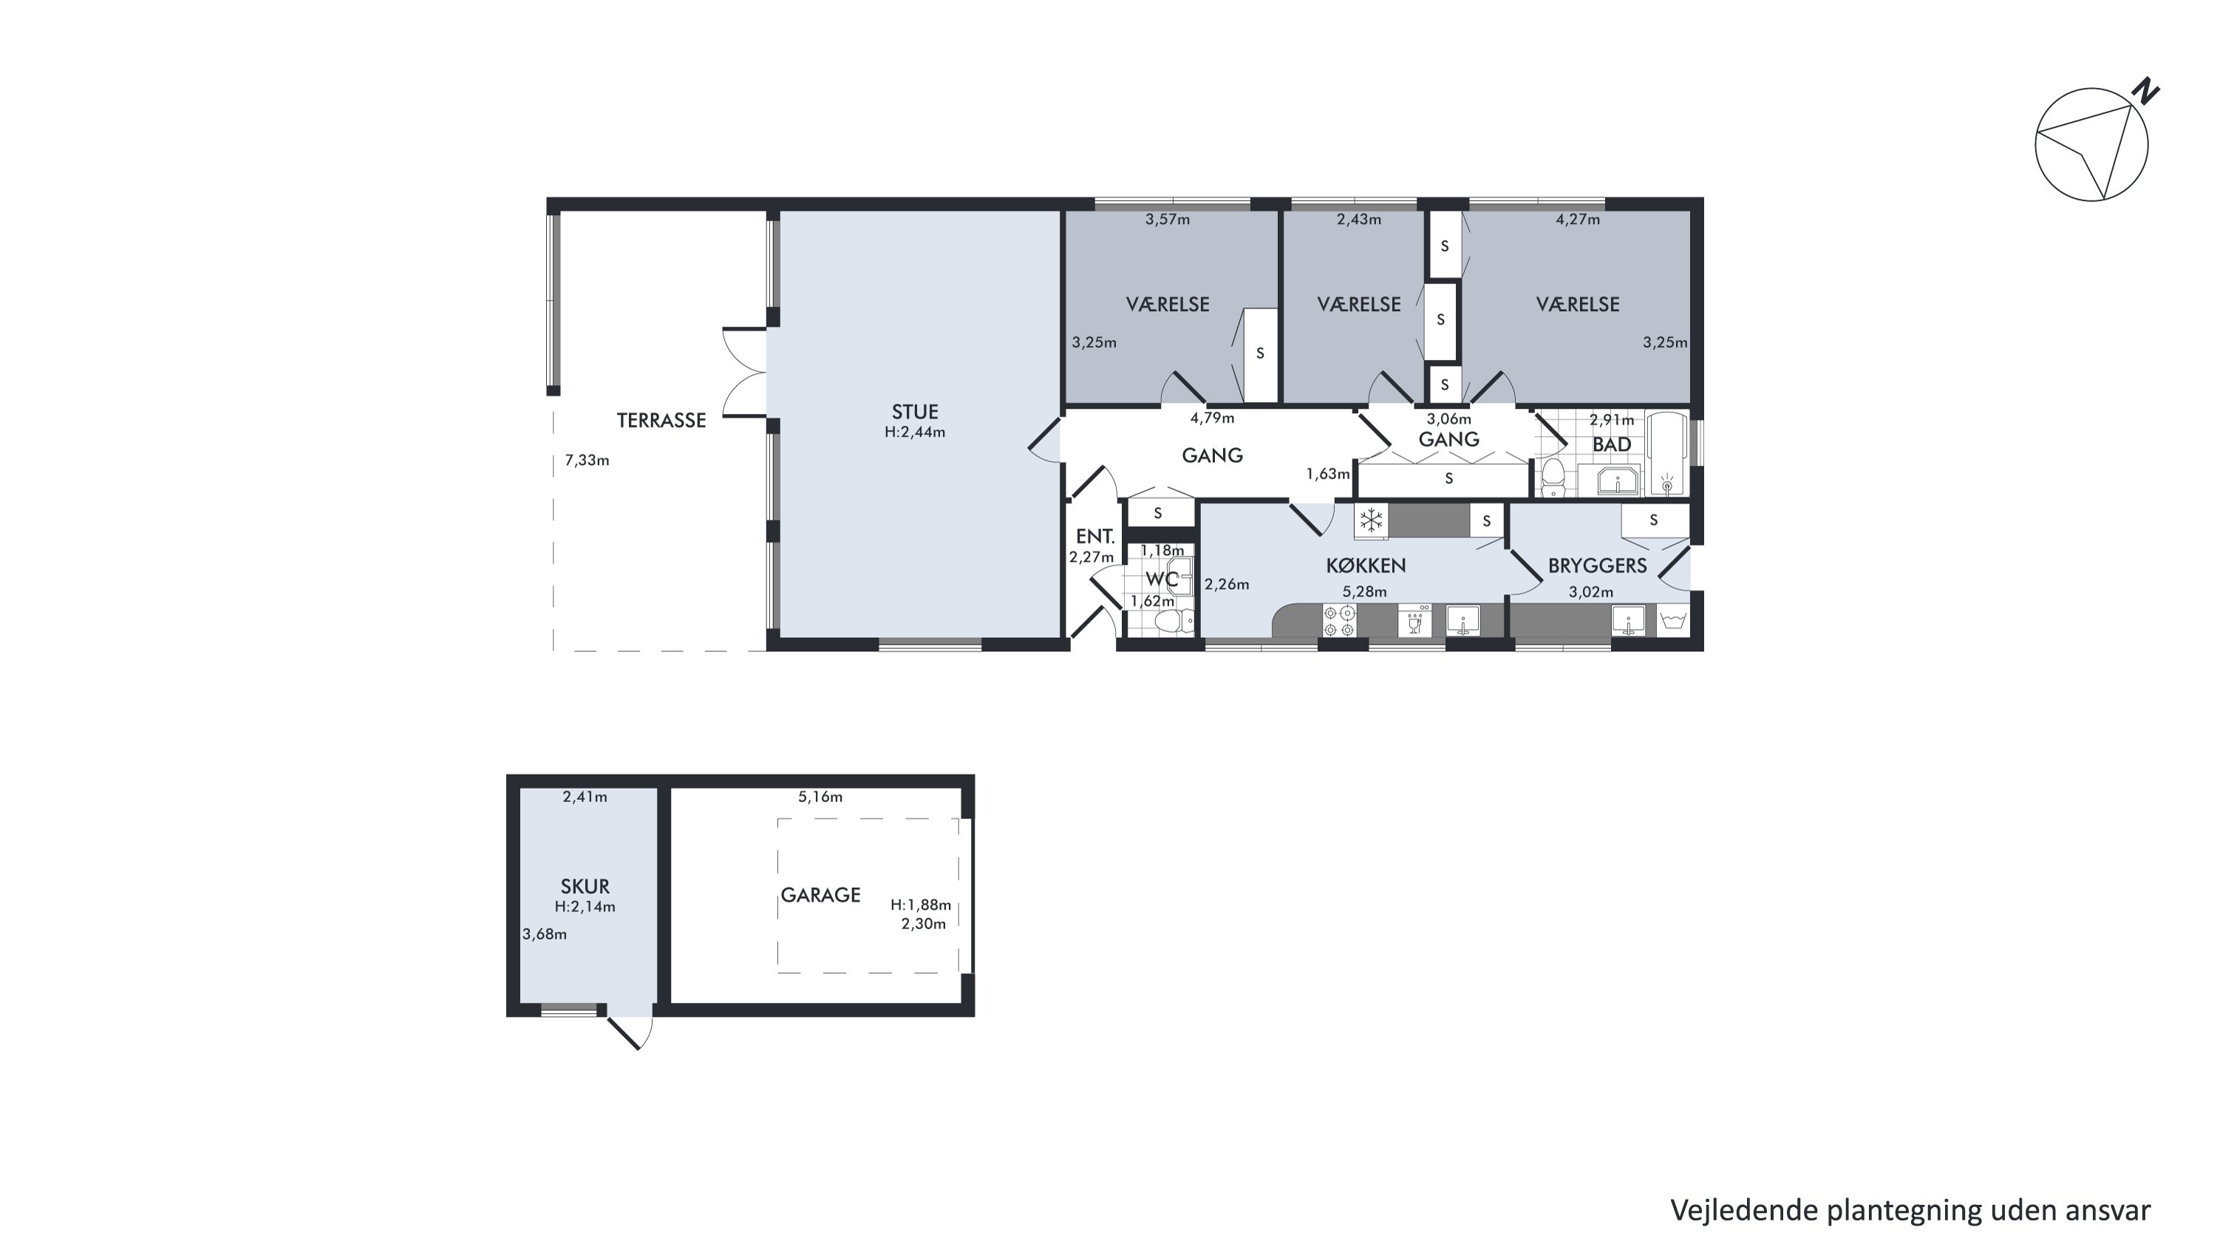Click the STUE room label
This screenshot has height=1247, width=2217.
pyautogui.click(x=914, y=412)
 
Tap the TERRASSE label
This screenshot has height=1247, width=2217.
pyautogui.click(x=661, y=420)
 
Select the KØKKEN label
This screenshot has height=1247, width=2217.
pyautogui.click(x=1366, y=565)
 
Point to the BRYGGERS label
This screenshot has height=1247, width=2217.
pyautogui.click(x=1597, y=565)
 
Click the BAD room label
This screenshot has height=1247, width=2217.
pyautogui.click(x=1612, y=445)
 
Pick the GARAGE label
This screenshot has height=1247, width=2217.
pyautogui.click(x=820, y=895)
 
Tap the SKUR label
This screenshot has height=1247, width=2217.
pyautogui.click(x=585, y=886)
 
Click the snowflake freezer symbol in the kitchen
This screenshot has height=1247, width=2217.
pyautogui.click(x=1371, y=520)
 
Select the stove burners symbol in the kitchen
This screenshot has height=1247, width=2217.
pyautogui.click(x=1339, y=620)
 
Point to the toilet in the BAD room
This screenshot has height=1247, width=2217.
pyautogui.click(x=1553, y=478)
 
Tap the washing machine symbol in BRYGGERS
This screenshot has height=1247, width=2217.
pyautogui.click(x=1673, y=619)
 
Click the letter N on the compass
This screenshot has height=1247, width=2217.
pyautogui.click(x=2147, y=91)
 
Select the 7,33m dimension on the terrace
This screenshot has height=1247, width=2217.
pyautogui.click(x=587, y=461)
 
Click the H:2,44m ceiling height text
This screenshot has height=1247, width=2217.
pyautogui.click(x=915, y=432)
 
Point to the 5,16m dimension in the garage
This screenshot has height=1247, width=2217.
pyautogui.click(x=820, y=797)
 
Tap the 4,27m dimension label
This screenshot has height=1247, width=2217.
pyautogui.click(x=1578, y=220)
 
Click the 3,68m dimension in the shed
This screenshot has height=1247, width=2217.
pyautogui.click(x=545, y=934)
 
